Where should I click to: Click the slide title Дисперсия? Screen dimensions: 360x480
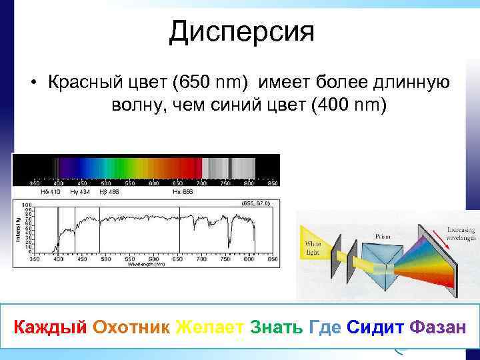click(241, 31)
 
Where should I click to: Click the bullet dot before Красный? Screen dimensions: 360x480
click(32, 83)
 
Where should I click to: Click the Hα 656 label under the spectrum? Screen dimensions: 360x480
click(182, 191)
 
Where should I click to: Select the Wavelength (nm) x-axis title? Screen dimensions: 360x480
click(146, 264)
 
